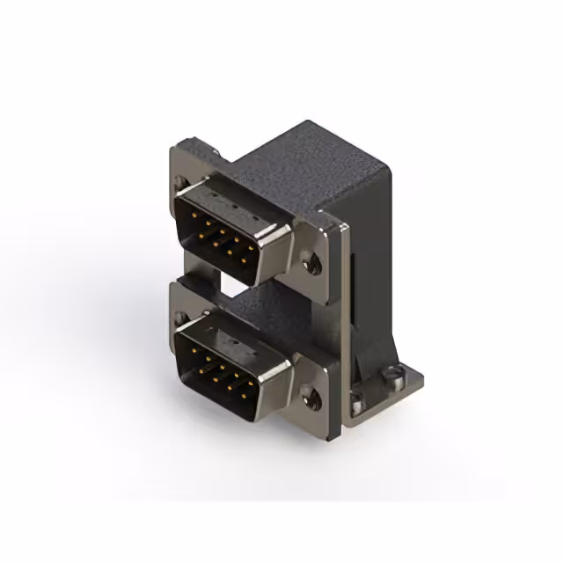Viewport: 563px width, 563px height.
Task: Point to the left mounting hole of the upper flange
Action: coord(181,183)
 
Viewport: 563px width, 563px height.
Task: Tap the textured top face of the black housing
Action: coord(308,167)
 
